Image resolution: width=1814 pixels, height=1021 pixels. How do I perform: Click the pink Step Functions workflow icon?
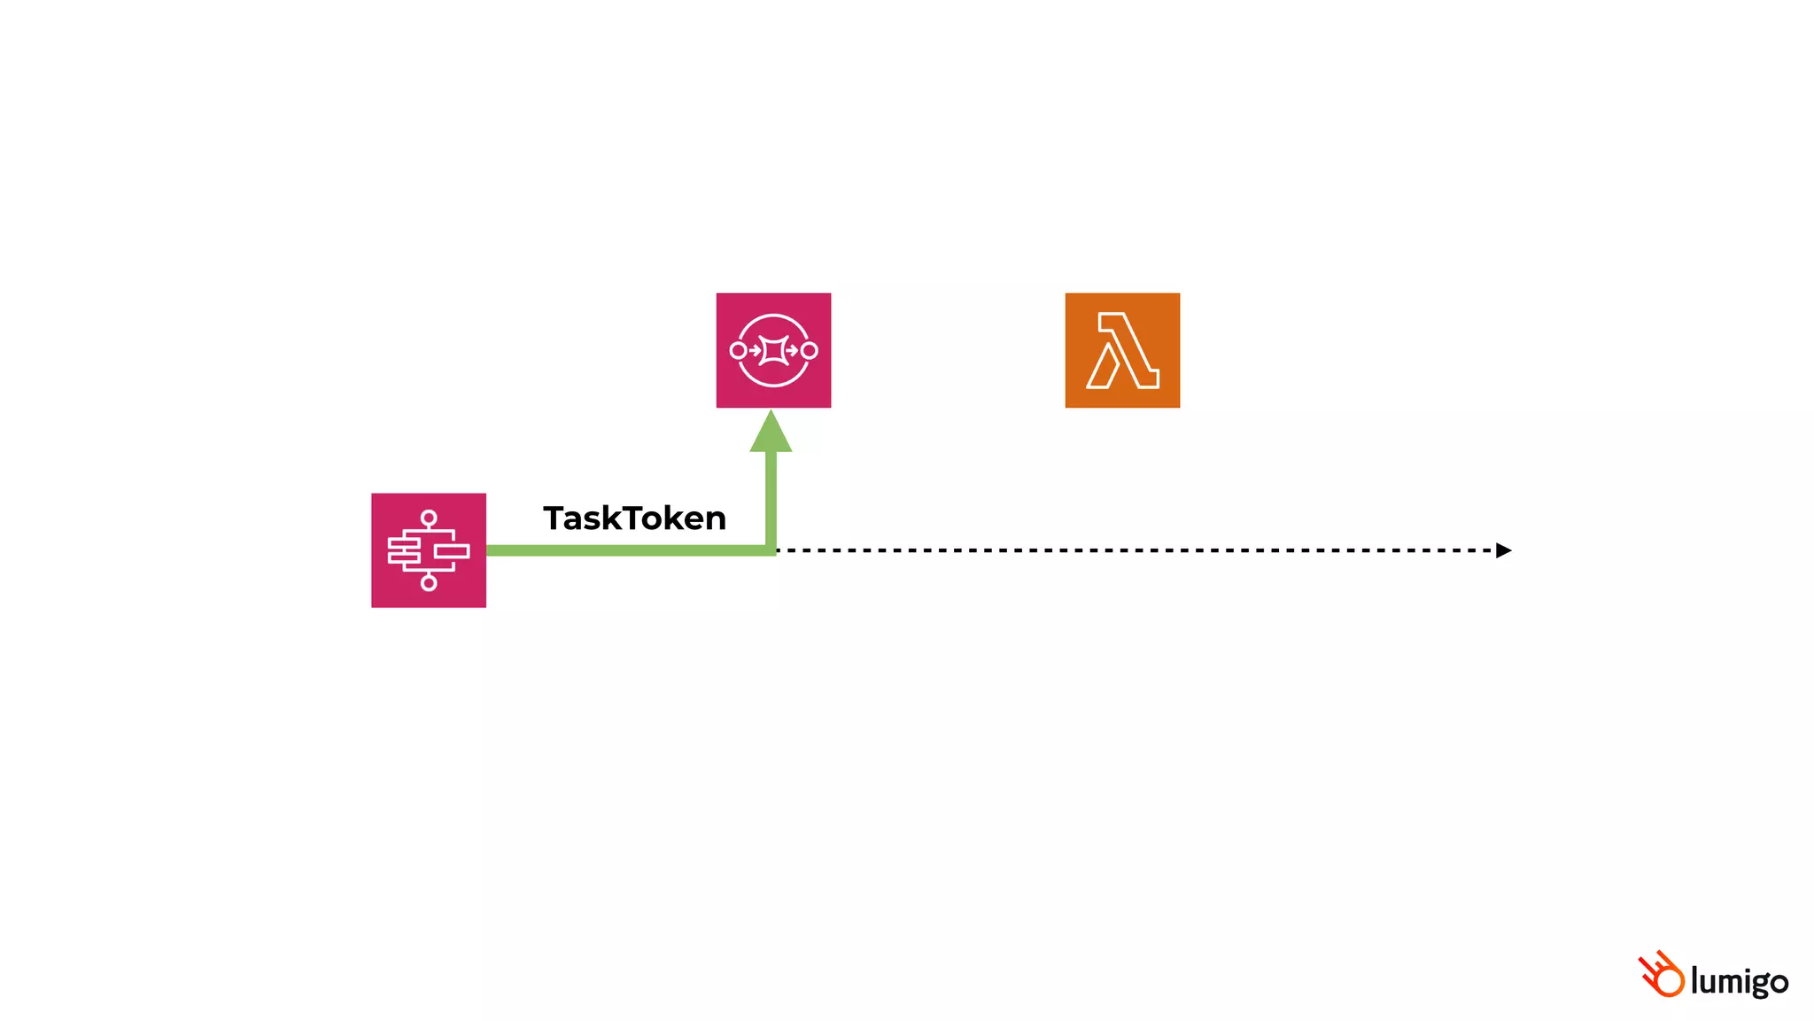429,550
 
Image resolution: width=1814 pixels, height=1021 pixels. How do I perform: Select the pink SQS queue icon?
773,350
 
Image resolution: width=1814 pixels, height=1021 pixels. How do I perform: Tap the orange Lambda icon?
1122,350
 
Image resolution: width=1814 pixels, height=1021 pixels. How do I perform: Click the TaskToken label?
634,518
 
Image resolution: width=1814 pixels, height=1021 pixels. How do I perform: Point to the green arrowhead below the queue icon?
771,433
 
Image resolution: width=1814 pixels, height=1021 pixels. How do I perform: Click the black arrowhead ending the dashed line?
1503,550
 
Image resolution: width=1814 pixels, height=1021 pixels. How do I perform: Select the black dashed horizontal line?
1134,550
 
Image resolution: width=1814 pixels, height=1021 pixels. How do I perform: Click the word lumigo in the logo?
1739,982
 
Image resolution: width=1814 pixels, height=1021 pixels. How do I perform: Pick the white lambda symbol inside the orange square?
1122,351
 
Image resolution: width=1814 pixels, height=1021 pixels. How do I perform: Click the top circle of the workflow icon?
429,518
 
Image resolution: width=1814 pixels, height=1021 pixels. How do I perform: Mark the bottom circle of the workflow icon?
429,582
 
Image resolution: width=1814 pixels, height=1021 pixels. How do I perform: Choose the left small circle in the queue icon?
738,350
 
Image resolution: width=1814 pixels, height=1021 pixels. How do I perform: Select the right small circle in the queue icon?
809,350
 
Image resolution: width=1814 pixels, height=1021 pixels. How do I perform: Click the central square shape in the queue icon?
773,350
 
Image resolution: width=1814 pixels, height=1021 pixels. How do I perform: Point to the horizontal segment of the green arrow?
620,550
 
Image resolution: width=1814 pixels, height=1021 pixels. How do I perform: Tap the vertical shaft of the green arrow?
771,496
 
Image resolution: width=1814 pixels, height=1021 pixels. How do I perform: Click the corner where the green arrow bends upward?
771,550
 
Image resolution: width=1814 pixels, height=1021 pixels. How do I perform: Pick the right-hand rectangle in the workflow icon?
452,551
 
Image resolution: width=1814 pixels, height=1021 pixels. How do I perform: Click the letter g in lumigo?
1754,985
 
